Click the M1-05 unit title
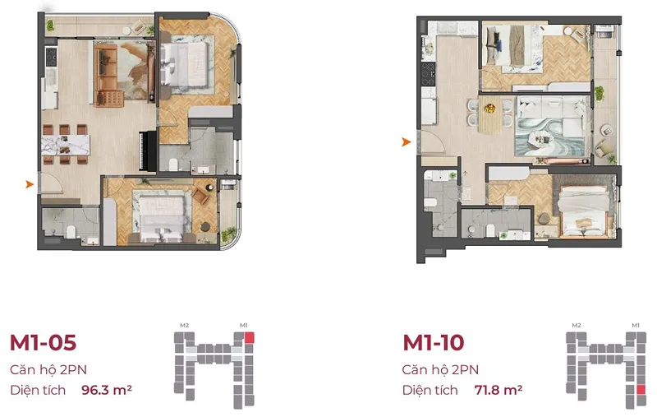tap(44, 343)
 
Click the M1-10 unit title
tap(434, 343)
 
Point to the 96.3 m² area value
tap(107, 390)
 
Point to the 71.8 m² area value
tap(498, 390)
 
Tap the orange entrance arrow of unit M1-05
tap(30, 184)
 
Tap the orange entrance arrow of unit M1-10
tap(407, 142)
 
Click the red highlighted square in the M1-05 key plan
tap(250, 338)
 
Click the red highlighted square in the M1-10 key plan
tap(641, 390)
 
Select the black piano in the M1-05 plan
tap(148, 151)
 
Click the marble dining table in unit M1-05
tap(66, 145)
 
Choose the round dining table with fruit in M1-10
tap(489, 114)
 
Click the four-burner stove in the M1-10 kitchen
tap(428, 74)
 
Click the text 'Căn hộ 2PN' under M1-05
tap(48, 369)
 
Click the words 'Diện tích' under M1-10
tap(430, 390)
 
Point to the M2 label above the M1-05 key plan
tap(184, 325)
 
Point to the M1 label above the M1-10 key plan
tap(636, 325)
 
